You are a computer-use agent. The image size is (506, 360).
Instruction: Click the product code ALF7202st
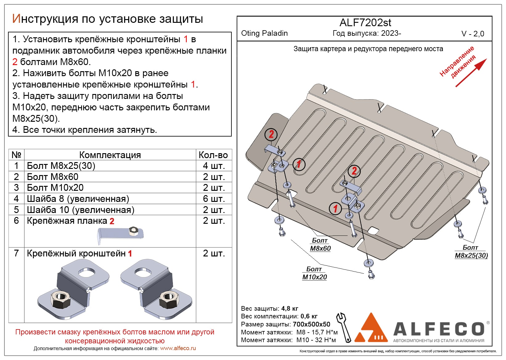(365, 23)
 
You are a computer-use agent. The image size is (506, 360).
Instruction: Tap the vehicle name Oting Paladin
(264, 33)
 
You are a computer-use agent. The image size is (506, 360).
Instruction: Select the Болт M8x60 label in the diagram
(320, 244)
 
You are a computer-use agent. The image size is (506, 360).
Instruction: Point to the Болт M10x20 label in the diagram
(314, 273)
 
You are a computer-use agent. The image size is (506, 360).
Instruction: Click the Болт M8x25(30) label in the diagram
(471, 252)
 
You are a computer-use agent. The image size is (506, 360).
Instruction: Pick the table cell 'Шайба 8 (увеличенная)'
(78, 199)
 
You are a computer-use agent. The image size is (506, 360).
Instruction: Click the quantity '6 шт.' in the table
(214, 199)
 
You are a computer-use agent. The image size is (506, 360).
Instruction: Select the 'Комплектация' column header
(110, 155)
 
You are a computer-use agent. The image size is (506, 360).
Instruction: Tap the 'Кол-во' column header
(213, 155)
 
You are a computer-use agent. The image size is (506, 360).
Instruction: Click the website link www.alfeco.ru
(178, 348)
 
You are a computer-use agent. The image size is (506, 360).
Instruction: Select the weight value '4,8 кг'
(290, 309)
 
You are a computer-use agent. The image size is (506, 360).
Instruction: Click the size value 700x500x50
(311, 324)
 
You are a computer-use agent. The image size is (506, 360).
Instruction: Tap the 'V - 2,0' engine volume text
(472, 34)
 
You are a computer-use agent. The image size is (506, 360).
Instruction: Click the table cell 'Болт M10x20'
(55, 188)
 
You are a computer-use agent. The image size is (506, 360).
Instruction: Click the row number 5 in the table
(16, 210)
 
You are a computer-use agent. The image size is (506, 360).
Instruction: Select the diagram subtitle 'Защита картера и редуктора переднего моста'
(368, 49)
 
